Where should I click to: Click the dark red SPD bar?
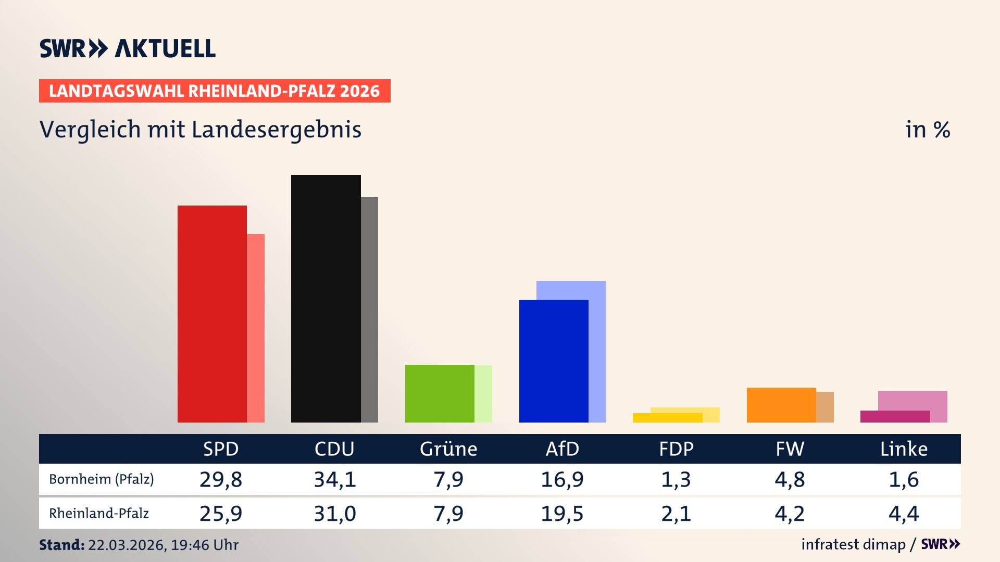212,314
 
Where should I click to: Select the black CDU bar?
326,298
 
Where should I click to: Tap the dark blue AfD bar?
554,361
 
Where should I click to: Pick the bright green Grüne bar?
440,393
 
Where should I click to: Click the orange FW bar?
781,405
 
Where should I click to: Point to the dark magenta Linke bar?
895,416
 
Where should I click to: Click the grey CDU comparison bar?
369,310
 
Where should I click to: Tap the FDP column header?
676,449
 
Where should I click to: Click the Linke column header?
904,449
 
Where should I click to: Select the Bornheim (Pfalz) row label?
102,479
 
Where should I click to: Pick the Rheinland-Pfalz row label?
99,514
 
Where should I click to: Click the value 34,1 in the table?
334,479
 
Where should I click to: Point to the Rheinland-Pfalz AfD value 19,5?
562,514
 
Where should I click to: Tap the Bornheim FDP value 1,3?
676,479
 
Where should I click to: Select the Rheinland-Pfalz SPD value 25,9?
221,514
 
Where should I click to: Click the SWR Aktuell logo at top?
128,48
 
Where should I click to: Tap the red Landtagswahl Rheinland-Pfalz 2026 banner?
215,91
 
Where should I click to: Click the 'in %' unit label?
927,130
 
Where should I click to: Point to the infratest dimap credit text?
853,544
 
